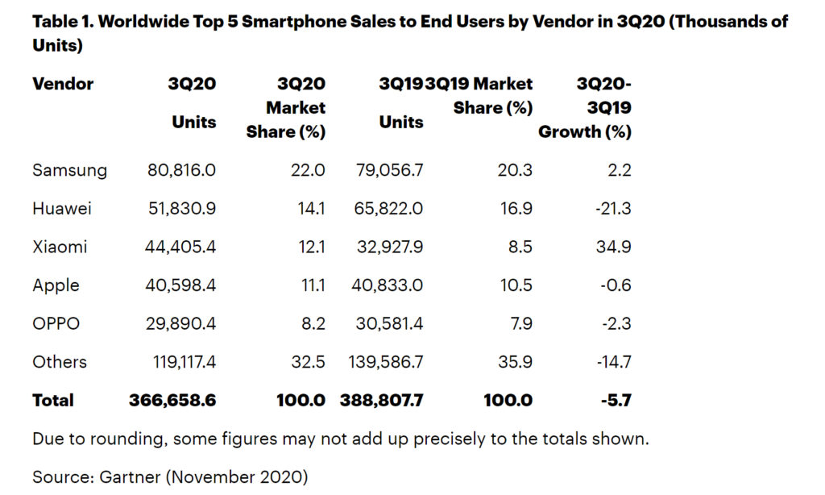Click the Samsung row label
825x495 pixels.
coord(69,170)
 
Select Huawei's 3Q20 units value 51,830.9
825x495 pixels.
coord(182,209)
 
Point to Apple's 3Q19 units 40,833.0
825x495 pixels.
coord(389,285)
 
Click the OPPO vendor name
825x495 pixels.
coord(56,323)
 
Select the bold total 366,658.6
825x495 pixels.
coord(172,400)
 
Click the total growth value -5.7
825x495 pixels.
coord(616,400)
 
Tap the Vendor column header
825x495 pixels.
coord(63,84)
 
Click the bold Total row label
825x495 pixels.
coord(53,400)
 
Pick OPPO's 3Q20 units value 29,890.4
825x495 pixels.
coord(182,323)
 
